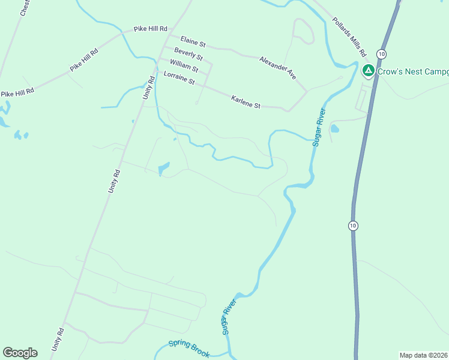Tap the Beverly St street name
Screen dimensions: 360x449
pos(188,55)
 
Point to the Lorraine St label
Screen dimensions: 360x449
pos(179,77)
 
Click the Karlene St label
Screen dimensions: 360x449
pos(246,101)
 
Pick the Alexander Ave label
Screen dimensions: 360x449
pos(278,67)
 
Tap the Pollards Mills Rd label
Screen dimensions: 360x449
pos(349,37)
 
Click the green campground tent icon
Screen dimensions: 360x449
pos(368,71)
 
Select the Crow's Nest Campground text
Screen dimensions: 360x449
pos(413,71)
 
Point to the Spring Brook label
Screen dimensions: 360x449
pos(189,348)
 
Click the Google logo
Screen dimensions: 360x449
pos(20,353)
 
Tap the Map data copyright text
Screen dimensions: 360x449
pos(424,355)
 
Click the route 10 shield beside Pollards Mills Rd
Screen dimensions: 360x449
pos(381,52)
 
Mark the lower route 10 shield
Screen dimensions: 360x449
pos(352,226)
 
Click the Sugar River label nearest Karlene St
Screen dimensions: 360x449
pos(318,127)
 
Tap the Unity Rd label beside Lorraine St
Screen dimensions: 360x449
pos(148,88)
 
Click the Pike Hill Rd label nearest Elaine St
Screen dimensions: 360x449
pos(150,29)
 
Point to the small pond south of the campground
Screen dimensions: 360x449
pos(334,128)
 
